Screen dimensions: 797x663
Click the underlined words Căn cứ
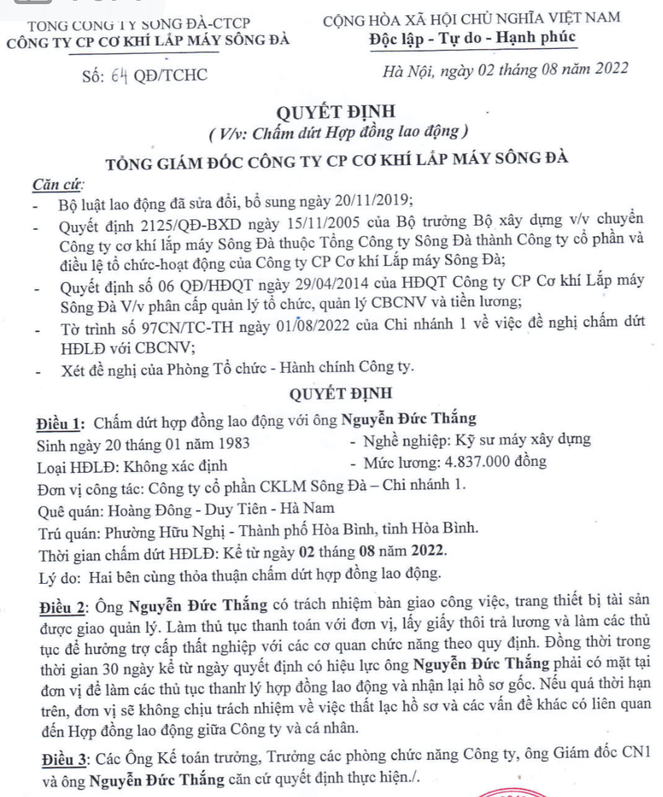(x=58, y=185)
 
